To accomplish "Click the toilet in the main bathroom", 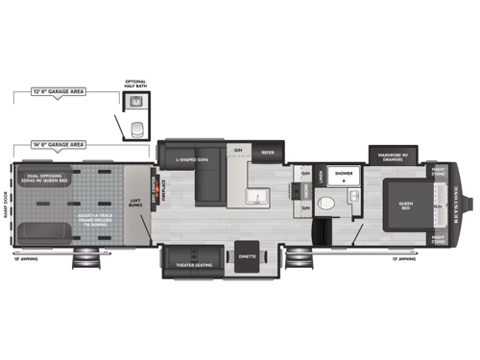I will coord(327,202).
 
